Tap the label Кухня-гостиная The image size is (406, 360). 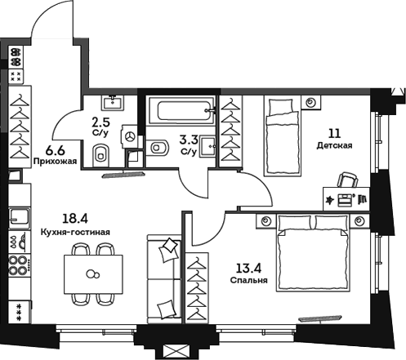(x=74, y=233)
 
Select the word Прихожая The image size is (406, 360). (x=56, y=162)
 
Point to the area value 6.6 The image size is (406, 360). (x=56, y=149)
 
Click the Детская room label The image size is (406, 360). (x=334, y=146)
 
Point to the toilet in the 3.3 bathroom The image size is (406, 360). (x=160, y=147)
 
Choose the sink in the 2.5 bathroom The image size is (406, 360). (x=112, y=103)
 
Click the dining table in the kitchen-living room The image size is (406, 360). (x=94, y=273)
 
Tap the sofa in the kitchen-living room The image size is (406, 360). (x=163, y=278)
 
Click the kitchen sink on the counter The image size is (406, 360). (x=18, y=218)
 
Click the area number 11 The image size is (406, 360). (x=334, y=133)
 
